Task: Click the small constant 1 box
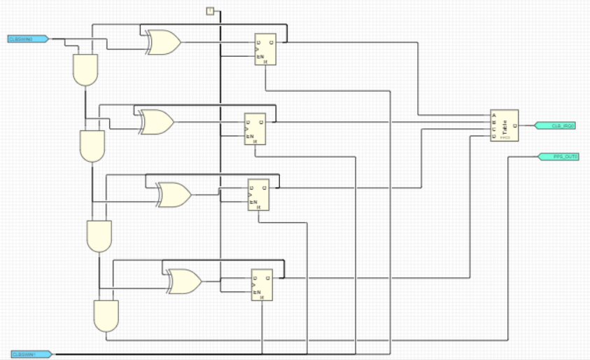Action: click(210, 11)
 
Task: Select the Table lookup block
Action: click(505, 125)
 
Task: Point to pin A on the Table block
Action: click(494, 115)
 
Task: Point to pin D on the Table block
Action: click(494, 137)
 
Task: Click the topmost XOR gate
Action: click(163, 43)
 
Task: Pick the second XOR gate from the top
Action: click(157, 121)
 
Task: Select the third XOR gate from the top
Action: click(174, 195)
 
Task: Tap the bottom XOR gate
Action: click(184, 281)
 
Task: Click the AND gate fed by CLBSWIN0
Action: click(85, 69)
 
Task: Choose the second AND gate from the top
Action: click(92, 146)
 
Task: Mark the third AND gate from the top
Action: click(99, 236)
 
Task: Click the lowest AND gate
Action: click(106, 316)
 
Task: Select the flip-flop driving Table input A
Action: click(265, 49)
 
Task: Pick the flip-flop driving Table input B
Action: click(255, 129)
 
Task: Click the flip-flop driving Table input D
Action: click(262, 285)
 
